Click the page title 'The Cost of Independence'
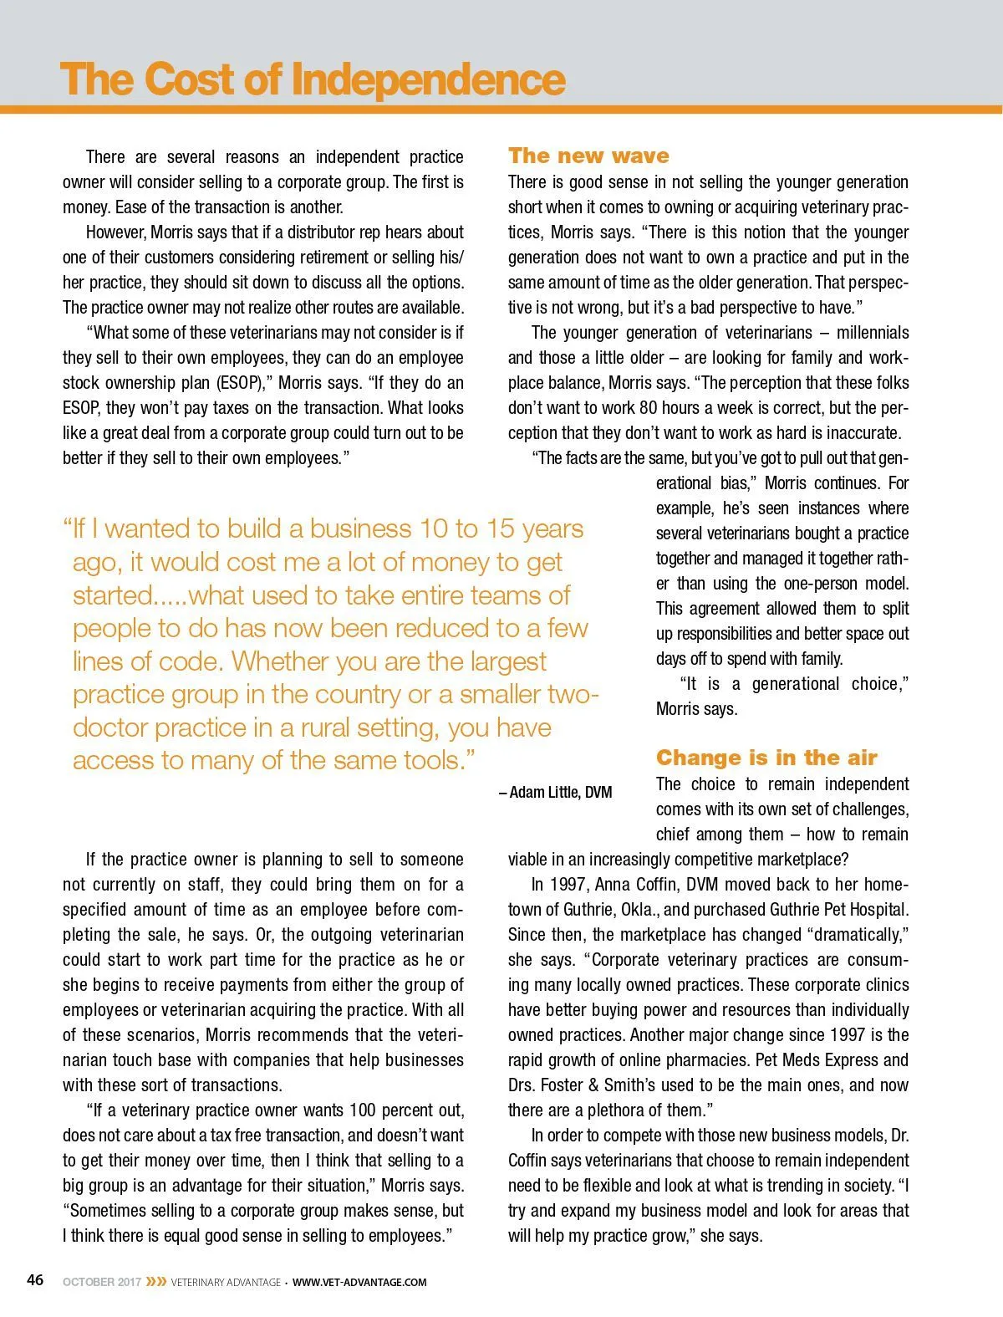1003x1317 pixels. pyautogui.click(x=313, y=79)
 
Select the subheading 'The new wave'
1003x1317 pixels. pyautogui.click(x=588, y=156)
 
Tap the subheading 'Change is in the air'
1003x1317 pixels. pyautogui.click(x=766, y=758)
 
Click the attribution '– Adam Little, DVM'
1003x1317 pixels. pyautogui.click(x=556, y=792)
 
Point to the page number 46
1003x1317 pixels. pyautogui.click(x=35, y=1280)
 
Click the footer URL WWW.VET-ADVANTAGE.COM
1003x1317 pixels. pyautogui.click(x=359, y=1282)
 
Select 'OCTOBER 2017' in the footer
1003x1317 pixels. pyautogui.click(x=101, y=1282)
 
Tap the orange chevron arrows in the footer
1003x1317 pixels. pyautogui.click(x=155, y=1282)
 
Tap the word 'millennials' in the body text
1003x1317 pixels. pyautogui.click(x=873, y=333)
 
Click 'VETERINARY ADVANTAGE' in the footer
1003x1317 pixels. pyautogui.click(x=226, y=1282)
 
